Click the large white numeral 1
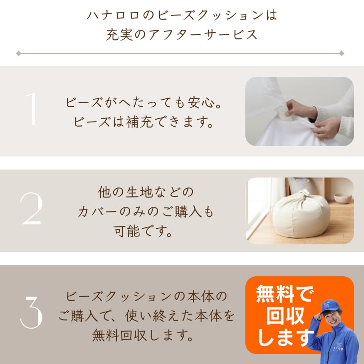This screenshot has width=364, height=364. click(31, 109)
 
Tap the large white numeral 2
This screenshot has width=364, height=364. click(31, 208)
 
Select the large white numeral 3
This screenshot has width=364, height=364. click(31, 312)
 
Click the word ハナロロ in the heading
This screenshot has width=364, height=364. click(113, 15)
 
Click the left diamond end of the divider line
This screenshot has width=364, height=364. click(18, 53)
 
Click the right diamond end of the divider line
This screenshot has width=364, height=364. click(342, 53)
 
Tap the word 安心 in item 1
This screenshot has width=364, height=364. click(201, 102)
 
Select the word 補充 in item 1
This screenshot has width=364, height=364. click(140, 122)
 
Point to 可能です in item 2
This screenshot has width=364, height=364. click(143, 231)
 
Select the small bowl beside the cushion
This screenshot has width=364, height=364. click(343, 198)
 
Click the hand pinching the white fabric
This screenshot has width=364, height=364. click(300, 108)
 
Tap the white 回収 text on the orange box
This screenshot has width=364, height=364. click(285, 316)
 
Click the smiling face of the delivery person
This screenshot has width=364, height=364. click(332, 317)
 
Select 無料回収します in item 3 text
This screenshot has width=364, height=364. click(143, 335)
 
